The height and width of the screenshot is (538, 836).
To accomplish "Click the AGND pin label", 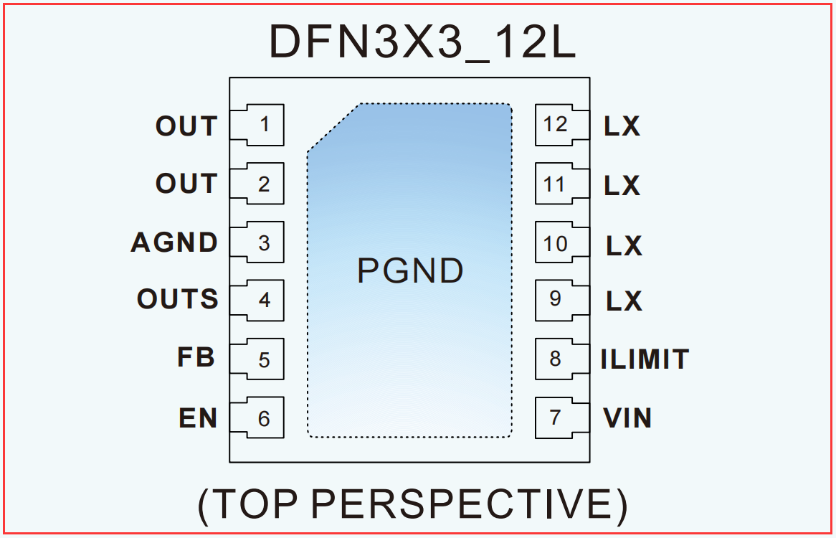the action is click(174, 242).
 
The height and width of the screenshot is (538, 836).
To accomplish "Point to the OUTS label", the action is click(178, 298).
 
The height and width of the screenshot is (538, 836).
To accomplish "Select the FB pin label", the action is click(196, 357).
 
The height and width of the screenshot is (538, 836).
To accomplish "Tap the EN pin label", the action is click(198, 418).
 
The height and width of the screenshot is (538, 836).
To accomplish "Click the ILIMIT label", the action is click(645, 359).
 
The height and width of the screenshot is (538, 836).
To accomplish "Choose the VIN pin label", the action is click(627, 418).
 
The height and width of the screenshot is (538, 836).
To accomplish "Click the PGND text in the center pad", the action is click(410, 271).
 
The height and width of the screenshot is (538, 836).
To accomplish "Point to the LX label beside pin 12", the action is click(622, 126).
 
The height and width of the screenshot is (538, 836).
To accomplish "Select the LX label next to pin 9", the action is click(624, 301).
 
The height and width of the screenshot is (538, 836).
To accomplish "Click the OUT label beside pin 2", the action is click(186, 184).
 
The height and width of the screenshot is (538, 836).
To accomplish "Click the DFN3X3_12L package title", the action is click(423, 42).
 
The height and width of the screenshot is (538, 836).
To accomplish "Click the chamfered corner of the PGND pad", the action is click(334, 128).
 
